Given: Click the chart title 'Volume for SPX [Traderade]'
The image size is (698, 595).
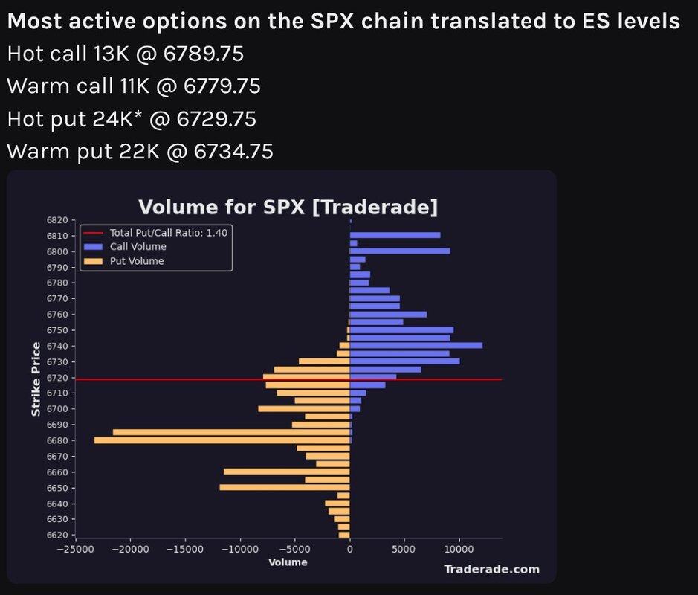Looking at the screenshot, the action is tap(288, 207).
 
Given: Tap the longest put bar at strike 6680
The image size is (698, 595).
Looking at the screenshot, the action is tap(222, 440).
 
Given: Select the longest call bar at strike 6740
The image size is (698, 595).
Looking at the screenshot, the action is tap(416, 346).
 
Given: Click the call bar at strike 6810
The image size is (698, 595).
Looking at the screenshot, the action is tap(395, 235).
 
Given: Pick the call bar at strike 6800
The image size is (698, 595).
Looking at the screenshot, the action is tap(400, 251).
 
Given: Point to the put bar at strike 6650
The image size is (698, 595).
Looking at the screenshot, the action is tap(285, 488).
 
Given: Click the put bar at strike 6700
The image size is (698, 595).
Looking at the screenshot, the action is tap(304, 408).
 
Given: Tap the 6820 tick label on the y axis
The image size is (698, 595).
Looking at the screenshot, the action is tap(57, 220).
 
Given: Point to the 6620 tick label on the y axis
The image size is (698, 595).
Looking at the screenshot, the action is tap(57, 535).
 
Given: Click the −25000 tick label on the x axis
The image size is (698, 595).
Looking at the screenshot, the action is tap(75, 549).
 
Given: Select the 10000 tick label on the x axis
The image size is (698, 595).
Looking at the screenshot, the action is tap(459, 549).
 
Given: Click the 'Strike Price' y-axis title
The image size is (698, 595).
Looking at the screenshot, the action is tap(36, 379).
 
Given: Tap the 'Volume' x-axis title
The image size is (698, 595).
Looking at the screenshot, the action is tap(288, 562).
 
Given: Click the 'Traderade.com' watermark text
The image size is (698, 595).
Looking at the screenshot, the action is tap(491, 569).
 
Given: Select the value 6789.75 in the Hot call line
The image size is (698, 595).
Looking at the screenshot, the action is tap(204, 54).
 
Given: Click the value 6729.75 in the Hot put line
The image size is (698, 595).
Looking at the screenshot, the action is tap(216, 119).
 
